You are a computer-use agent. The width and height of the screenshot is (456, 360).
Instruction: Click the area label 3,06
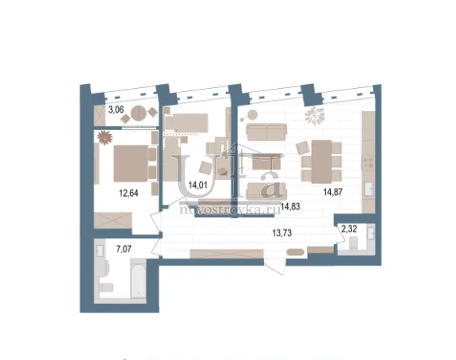[116, 110]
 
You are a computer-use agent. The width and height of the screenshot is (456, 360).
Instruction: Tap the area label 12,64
[128, 193]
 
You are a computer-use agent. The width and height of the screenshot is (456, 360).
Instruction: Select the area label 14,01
[197, 185]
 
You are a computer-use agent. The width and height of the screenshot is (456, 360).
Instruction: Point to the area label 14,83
[290, 206]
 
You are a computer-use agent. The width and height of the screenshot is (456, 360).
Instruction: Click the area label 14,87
[333, 192]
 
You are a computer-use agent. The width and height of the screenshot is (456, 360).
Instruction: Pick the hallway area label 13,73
[282, 232]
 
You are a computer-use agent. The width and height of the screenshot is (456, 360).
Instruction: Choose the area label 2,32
[349, 229]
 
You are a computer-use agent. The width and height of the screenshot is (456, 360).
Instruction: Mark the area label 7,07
[124, 249]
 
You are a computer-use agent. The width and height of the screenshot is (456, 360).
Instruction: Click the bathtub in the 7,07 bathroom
[138, 278]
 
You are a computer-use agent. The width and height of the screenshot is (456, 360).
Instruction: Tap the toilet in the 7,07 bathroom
[106, 287]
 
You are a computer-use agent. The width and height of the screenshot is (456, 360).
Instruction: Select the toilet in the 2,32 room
[353, 243]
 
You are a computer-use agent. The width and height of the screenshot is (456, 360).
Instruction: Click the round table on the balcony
[139, 113]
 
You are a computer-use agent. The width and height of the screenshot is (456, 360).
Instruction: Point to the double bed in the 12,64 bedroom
[131, 163]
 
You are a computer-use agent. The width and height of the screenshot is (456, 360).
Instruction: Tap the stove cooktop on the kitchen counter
[369, 163]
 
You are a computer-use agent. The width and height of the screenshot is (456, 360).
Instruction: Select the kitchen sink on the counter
[369, 189]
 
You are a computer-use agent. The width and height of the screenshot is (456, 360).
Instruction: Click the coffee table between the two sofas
[266, 162]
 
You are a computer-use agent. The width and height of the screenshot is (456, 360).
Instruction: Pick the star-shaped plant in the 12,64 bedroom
[105, 137]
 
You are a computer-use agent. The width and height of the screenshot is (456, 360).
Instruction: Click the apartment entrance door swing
[275, 268]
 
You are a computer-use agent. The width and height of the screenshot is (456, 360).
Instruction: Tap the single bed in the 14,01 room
[186, 123]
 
